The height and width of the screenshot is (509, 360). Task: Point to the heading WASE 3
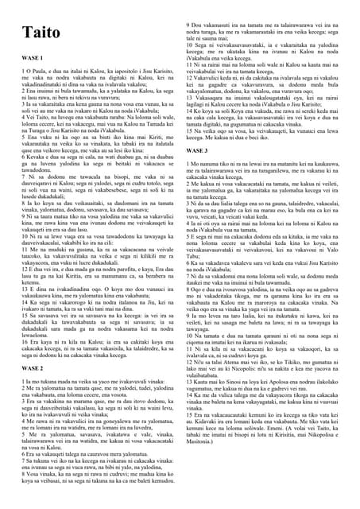196,150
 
